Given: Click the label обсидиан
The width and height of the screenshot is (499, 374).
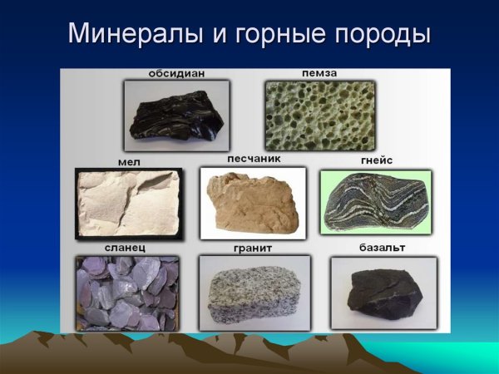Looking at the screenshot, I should [x=176, y=74].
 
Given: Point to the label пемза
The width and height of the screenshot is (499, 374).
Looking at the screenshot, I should [x=320, y=74].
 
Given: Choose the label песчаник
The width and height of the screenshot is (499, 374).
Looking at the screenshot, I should [x=254, y=158].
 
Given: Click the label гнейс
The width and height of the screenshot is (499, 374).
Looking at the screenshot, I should [x=376, y=161].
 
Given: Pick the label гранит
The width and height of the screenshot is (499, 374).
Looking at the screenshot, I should [x=254, y=249].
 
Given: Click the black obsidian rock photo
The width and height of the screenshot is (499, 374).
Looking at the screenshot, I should [x=176, y=112].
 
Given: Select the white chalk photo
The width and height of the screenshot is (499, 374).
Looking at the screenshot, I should [x=128, y=204].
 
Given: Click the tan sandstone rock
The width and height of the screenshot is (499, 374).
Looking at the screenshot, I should [x=253, y=204].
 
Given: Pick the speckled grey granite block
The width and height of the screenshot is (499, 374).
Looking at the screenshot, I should [x=254, y=296].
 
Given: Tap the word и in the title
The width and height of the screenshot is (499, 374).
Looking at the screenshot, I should [x=205, y=35].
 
